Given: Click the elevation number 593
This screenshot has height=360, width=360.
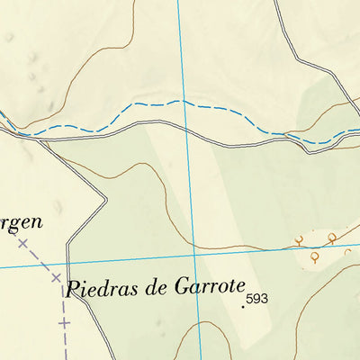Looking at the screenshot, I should [257, 299].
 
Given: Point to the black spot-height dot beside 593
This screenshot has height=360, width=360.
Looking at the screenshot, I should [243, 307].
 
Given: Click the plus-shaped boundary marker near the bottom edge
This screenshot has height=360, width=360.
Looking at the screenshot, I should [64, 320].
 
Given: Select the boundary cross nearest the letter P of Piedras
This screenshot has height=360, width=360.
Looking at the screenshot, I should [56, 277].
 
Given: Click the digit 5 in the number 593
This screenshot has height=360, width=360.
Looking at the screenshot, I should [250, 299].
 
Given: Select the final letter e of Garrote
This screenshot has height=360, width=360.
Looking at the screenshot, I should [240, 288].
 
